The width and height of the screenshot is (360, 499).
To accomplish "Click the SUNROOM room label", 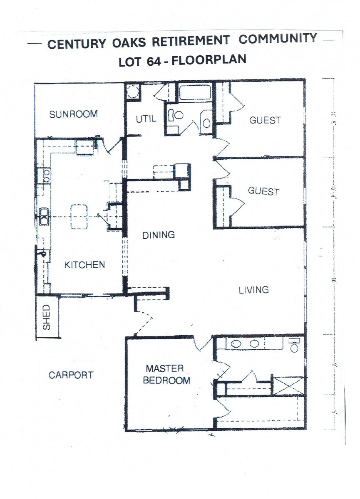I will coord(73,114).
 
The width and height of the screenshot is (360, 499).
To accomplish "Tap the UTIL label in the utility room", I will coord(146,119).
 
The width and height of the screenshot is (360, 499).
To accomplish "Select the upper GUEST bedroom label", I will coord(265,120).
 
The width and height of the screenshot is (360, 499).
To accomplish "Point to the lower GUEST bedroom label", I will coord(263,191).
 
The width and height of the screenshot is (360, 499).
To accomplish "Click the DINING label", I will coord(159,235).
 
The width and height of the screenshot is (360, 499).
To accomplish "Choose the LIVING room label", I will coord(253,290).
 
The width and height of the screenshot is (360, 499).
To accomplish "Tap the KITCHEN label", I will coord(84,264).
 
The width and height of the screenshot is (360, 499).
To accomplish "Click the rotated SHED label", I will coord(47,318).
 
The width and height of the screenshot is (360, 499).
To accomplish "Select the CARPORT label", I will coord(71,375).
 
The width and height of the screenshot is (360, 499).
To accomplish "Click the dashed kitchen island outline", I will coord(79,217).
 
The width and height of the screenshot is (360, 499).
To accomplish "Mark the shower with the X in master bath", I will coord(288,385).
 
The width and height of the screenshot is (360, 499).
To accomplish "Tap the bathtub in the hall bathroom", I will coord(194,92).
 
